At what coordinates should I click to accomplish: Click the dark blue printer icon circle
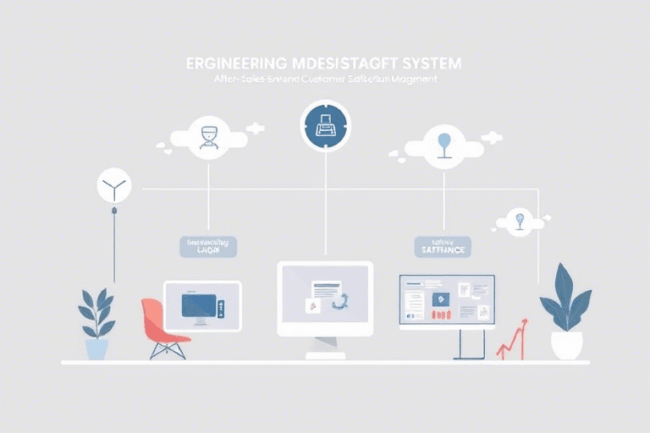pos(325,126)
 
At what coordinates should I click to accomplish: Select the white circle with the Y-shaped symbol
pos(113,185)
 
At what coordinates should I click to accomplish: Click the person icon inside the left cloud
pos(209,135)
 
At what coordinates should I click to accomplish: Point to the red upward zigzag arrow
pos(512,339)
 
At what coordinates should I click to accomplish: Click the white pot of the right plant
pos(566,344)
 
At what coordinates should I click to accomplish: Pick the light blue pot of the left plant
pos(97,348)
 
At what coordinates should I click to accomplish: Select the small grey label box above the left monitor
pos(208,246)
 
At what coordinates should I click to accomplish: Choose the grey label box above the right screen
pos(443,246)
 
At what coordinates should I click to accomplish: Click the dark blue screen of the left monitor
pos(200,304)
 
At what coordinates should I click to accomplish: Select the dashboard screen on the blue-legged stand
pos(447,301)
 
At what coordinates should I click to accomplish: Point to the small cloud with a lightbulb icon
pos(519,222)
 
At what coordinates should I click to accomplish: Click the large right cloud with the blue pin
pos(443,145)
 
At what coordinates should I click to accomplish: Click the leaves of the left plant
pos(97,312)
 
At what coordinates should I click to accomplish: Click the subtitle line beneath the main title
pos(325,79)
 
